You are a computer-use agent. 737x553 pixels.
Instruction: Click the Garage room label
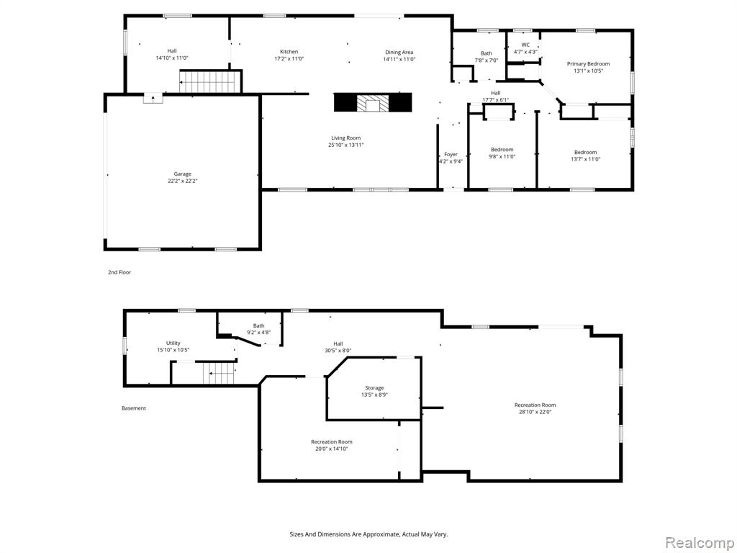pos(182,174)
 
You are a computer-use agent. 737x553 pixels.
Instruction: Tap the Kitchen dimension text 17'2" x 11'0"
pos(289,59)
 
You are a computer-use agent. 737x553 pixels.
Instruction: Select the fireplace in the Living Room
pos(373,102)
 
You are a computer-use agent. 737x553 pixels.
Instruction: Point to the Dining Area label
pos(399,52)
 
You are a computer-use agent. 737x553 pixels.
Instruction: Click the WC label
pos(525,45)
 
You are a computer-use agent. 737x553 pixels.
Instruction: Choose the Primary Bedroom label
pos(588,64)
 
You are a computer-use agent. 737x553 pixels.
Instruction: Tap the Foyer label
pos(451,154)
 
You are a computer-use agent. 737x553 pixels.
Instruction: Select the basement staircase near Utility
pos(219,374)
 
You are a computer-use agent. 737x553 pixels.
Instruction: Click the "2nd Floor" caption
pos(119,272)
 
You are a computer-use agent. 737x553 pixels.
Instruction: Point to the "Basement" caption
pos(133,408)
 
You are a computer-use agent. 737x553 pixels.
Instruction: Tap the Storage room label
pos(374,388)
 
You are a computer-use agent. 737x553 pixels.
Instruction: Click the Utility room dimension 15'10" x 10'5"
pos(173,350)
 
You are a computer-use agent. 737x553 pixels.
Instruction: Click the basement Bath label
pos(258,325)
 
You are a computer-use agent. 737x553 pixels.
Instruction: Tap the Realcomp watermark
pos(699,542)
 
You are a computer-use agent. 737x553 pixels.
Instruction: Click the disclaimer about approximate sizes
pos(368,534)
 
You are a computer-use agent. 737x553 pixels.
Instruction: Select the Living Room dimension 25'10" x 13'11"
pos(346,145)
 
